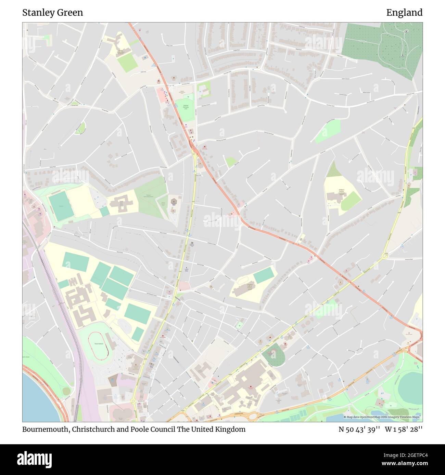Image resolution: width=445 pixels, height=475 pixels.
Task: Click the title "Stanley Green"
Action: [52, 13]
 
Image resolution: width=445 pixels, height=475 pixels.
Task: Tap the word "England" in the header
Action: [404, 13]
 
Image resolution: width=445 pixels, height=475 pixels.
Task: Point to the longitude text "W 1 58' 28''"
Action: [404, 429]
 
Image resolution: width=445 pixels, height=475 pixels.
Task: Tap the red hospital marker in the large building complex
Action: [251, 388]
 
